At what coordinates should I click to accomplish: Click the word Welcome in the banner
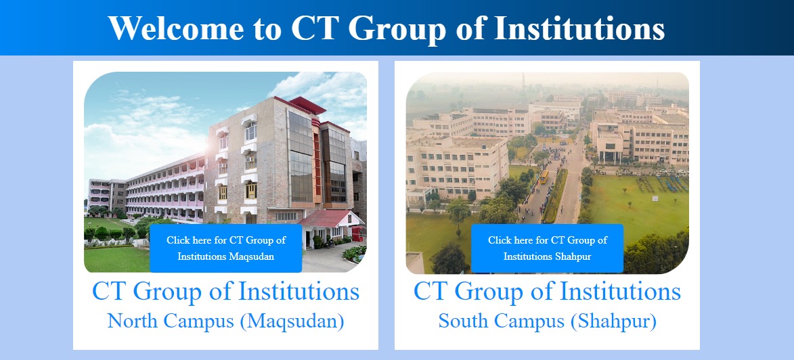[x=176, y=28]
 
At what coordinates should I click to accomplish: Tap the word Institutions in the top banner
[x=579, y=28]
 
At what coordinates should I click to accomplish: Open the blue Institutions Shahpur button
[x=547, y=248]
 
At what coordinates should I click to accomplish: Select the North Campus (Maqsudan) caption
[x=225, y=321]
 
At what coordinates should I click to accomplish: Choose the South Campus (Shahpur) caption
[x=547, y=321]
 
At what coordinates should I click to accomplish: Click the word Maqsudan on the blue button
[x=251, y=256]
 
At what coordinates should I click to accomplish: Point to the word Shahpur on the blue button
[x=573, y=256]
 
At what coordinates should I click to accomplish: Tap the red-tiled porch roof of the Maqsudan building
[x=329, y=219]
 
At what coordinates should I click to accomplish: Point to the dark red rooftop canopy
[x=307, y=105]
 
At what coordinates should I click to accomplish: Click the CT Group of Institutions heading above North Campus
[x=225, y=292]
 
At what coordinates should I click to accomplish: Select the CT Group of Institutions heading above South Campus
[x=547, y=292]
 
